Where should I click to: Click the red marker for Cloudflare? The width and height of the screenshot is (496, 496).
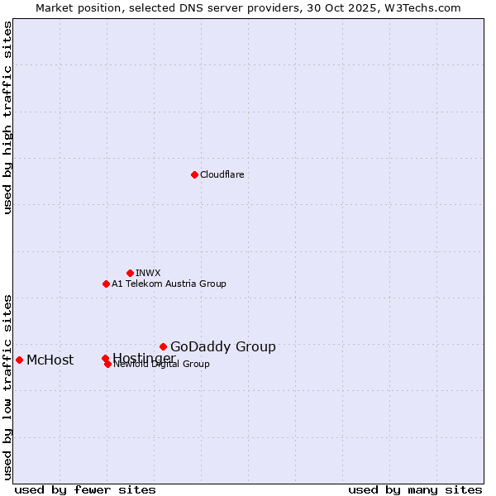pos(194,174)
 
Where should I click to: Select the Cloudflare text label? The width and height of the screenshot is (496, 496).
pos(222,174)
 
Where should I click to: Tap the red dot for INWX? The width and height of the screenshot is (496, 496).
pos(130,273)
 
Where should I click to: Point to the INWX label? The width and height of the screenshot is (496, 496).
pos(148,273)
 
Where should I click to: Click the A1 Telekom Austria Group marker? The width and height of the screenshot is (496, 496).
pos(106,284)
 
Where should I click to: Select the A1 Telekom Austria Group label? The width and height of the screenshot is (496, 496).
pos(169,284)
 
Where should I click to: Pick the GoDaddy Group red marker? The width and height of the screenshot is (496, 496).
pos(163,346)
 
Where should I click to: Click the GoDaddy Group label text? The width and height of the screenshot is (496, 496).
pos(223,346)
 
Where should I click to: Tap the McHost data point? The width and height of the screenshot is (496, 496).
pos(19,360)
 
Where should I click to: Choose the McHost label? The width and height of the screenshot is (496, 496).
pos(50,360)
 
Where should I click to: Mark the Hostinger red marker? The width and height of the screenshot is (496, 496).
pos(105,358)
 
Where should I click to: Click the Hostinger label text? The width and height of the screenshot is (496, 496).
pos(144,357)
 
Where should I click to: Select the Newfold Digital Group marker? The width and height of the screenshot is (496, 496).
pos(107,364)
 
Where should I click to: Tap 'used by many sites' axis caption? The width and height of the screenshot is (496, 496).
pos(415,490)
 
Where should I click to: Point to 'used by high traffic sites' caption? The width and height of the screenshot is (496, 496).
pos(7,118)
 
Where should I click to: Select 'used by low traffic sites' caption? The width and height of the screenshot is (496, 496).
pos(7,386)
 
